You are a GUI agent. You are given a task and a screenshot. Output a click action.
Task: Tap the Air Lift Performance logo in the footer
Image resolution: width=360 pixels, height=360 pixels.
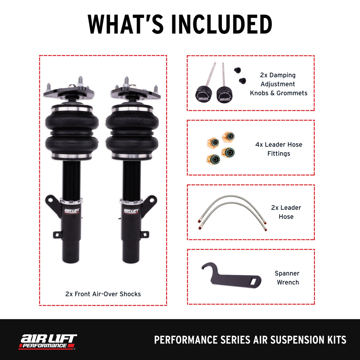click(x=48, y=341)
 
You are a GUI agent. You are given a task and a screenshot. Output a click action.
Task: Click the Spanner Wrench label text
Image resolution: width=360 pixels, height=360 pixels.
click(x=287, y=278)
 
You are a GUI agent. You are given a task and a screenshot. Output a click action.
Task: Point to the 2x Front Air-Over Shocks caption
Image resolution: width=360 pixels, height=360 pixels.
click(x=103, y=294)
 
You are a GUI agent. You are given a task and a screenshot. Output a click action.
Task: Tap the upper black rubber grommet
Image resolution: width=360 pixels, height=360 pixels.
click(x=238, y=70)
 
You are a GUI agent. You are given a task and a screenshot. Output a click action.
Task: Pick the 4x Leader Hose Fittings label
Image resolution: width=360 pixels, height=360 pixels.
click(x=278, y=149)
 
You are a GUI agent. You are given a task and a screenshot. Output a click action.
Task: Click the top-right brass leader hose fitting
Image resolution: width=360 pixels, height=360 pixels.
click(x=228, y=136)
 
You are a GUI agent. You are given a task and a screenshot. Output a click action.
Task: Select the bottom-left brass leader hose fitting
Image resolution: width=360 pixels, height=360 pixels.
click(x=213, y=159)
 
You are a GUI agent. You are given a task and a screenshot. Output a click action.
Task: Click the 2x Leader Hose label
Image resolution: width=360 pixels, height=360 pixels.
click(x=286, y=212)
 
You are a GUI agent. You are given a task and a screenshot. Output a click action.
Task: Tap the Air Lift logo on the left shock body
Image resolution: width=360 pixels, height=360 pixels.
click(x=72, y=211)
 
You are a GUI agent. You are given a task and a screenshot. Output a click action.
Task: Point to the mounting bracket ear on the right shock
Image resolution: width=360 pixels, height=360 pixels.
click(x=149, y=204)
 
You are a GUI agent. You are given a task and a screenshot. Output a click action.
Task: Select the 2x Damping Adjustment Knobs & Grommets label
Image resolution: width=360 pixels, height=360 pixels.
click(x=278, y=84)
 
